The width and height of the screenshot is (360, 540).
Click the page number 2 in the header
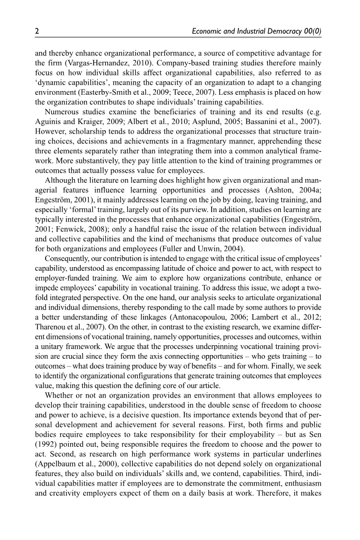37,31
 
